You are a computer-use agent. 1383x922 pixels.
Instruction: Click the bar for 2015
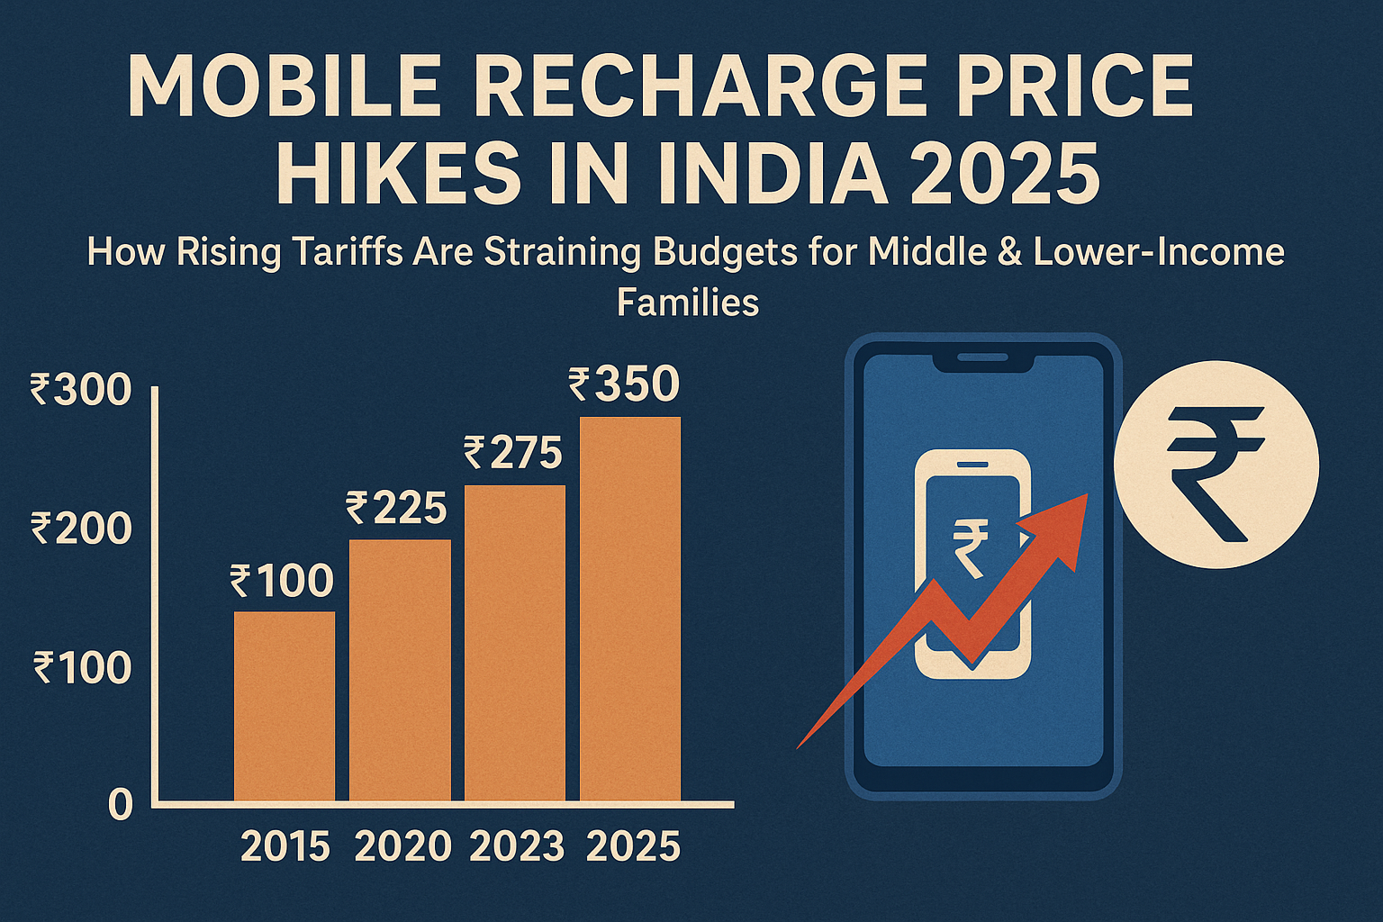285,706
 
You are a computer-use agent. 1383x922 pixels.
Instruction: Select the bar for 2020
400,670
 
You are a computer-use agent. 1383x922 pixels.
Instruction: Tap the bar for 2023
515,643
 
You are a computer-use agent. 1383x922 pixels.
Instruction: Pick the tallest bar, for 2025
630,609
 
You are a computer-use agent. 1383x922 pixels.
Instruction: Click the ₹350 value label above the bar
624,384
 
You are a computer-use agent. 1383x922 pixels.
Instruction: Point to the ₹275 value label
513,453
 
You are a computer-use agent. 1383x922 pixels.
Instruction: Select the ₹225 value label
396,509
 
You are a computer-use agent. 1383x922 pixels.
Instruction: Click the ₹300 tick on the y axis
81,391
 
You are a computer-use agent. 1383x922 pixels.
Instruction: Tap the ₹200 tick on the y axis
81,529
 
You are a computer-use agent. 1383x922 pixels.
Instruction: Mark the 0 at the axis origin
121,805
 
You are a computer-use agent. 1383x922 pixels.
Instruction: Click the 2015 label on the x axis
285,847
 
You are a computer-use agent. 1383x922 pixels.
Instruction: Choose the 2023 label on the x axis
517,847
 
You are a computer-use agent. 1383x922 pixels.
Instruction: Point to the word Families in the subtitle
688,303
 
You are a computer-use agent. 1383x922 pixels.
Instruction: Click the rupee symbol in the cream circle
1216,471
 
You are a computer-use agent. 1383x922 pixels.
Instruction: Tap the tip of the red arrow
1085,497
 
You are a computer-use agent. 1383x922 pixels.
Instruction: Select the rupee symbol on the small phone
971,547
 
